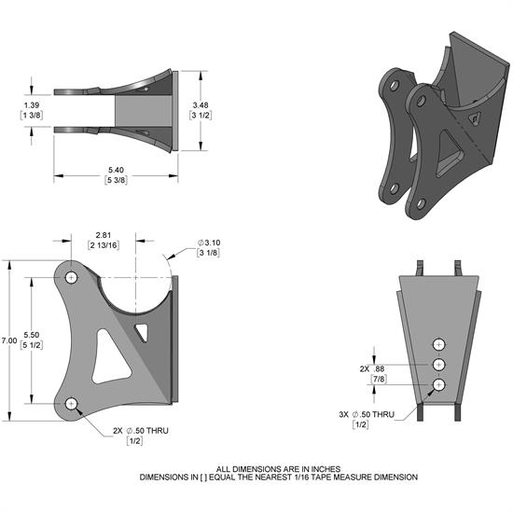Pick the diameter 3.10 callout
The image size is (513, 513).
[x=209, y=243]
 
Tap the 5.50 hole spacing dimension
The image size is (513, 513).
[x=30, y=333]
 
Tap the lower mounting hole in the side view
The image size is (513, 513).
[x=73, y=403]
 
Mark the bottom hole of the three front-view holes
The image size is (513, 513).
[x=439, y=384]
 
